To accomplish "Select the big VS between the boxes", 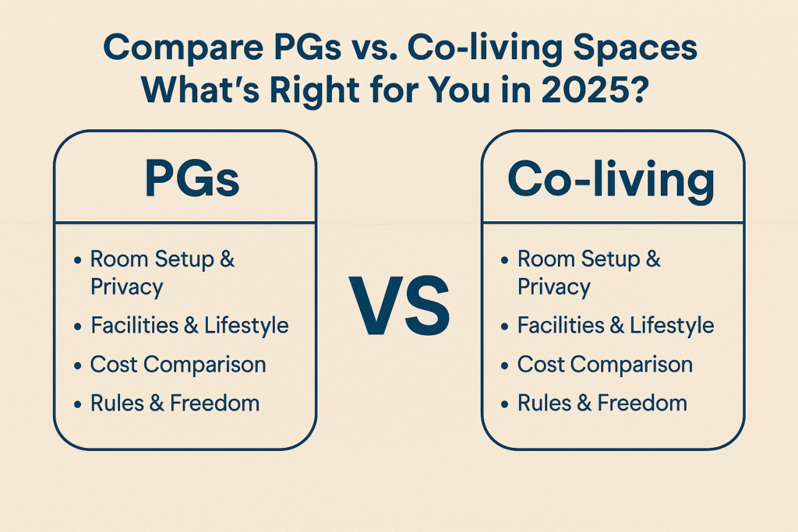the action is (400, 305).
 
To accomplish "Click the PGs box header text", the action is (192, 178).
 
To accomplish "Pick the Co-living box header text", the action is (611, 179).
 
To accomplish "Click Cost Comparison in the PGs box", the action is (178, 365).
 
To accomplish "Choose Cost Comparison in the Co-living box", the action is (605, 365).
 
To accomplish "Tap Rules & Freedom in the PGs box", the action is (175, 403).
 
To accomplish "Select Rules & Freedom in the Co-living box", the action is (602, 403).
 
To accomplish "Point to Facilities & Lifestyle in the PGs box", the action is (190, 326).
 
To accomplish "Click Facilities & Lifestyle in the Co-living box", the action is (616, 326).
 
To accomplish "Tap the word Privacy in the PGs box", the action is (127, 287).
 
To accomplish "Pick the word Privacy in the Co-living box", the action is (554, 287).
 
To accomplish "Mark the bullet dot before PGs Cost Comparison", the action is (77, 365).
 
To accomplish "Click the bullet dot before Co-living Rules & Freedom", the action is (504, 404).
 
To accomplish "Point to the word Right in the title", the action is (314, 90).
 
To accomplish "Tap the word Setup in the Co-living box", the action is (609, 260).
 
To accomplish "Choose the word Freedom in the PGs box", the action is (215, 403).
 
